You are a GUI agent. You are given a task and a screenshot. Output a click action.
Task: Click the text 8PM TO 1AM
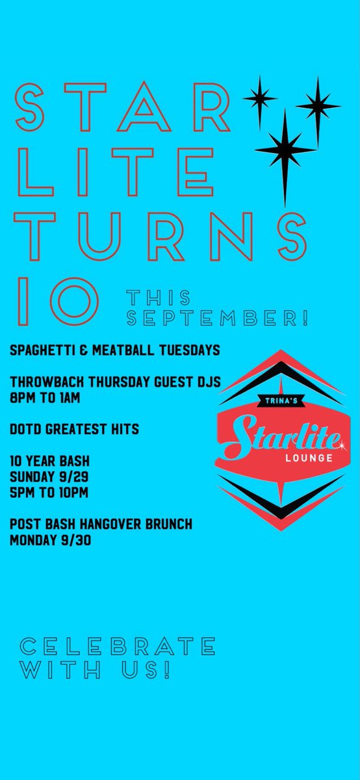[x=45, y=398]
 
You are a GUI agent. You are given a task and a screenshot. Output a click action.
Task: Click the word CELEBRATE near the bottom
[x=118, y=647]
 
